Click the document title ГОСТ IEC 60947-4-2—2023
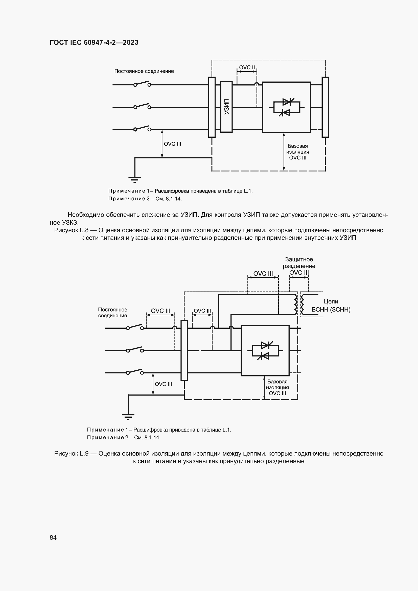[x=94, y=42]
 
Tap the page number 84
[x=53, y=537]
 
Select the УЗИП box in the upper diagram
[x=226, y=107]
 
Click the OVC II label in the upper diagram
[x=247, y=67]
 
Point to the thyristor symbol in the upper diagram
[x=287, y=107]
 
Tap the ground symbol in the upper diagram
[x=135, y=179]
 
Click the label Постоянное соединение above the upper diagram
[x=144, y=71]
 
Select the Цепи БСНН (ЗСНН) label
[x=331, y=305]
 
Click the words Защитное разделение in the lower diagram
[x=299, y=263]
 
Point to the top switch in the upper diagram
[x=142, y=84]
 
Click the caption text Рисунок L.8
[x=71, y=230]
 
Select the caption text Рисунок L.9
[x=71, y=454]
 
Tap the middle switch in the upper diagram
[x=142, y=106]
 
